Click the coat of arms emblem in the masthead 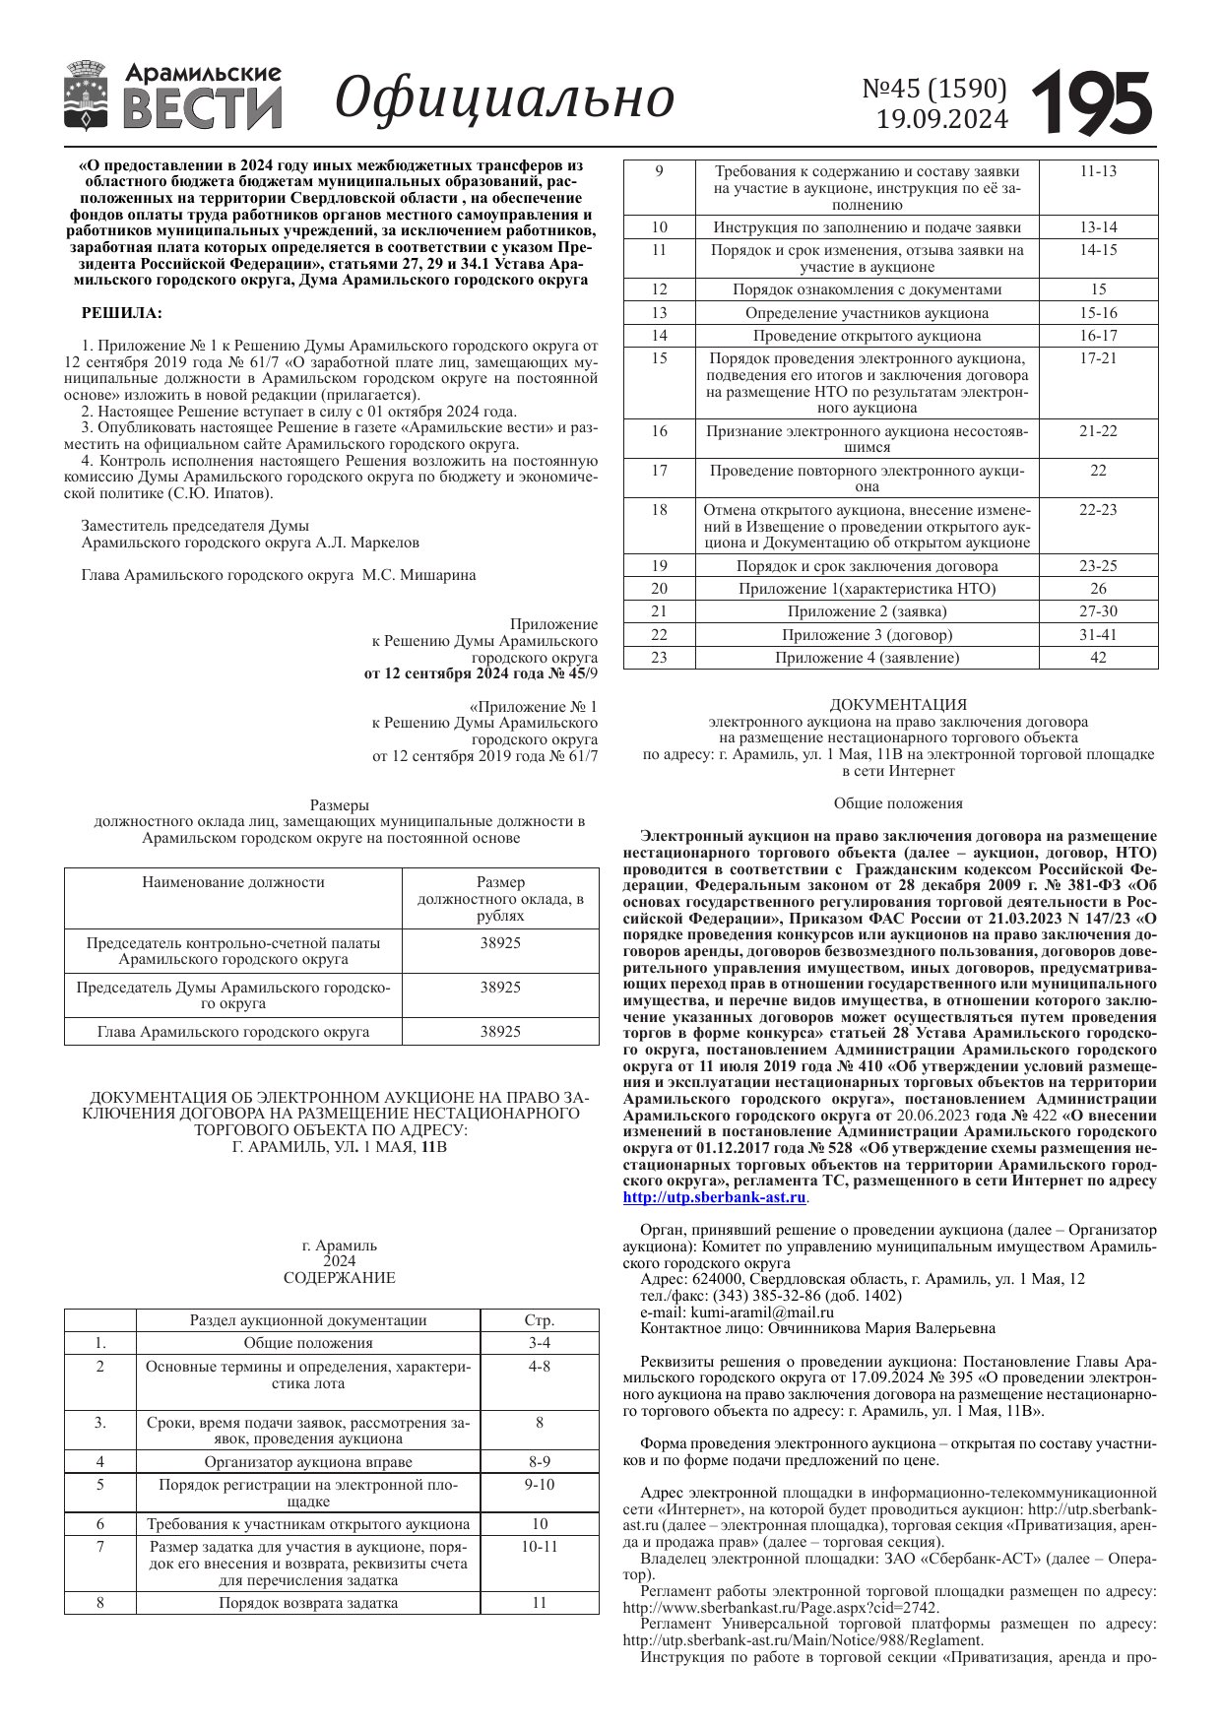click(x=86, y=96)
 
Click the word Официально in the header click(x=504, y=97)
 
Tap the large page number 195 click(x=1092, y=102)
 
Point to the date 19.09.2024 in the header click(x=942, y=119)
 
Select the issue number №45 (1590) click(x=934, y=89)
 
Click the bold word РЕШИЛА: click(x=122, y=313)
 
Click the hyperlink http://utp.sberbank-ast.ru click(x=714, y=1197)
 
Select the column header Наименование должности click(x=233, y=882)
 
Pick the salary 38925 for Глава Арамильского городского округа click(x=500, y=1032)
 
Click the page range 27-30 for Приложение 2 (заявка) click(x=1098, y=611)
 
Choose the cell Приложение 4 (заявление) click(x=867, y=658)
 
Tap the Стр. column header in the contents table click(x=540, y=1320)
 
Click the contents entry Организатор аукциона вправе click(x=308, y=1462)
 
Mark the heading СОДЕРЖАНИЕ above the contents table click(x=339, y=1278)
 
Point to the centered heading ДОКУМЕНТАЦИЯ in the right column click(x=897, y=705)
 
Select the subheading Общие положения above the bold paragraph click(x=897, y=803)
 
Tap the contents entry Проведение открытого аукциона click(x=867, y=336)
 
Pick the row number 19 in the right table click(x=659, y=566)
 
